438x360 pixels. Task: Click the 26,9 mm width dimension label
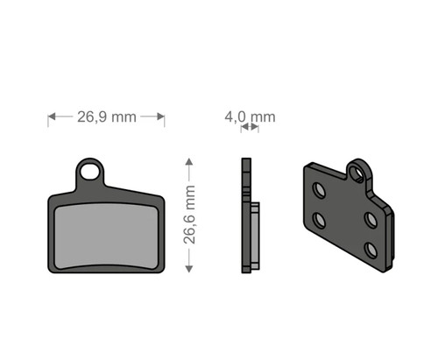tap(107, 117)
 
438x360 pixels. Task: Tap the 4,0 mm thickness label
tap(250, 117)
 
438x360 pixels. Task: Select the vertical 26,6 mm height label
tap(189, 215)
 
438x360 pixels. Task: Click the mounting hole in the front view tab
tap(89, 172)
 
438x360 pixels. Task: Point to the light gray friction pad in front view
tap(106, 236)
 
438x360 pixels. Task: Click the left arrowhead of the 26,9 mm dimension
tap(52, 116)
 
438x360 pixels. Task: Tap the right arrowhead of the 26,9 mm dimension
tap(160, 116)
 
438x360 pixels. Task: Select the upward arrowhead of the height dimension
tap(189, 162)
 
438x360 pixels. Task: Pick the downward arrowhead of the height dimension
tap(189, 269)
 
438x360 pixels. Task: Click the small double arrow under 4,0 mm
tap(250, 127)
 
